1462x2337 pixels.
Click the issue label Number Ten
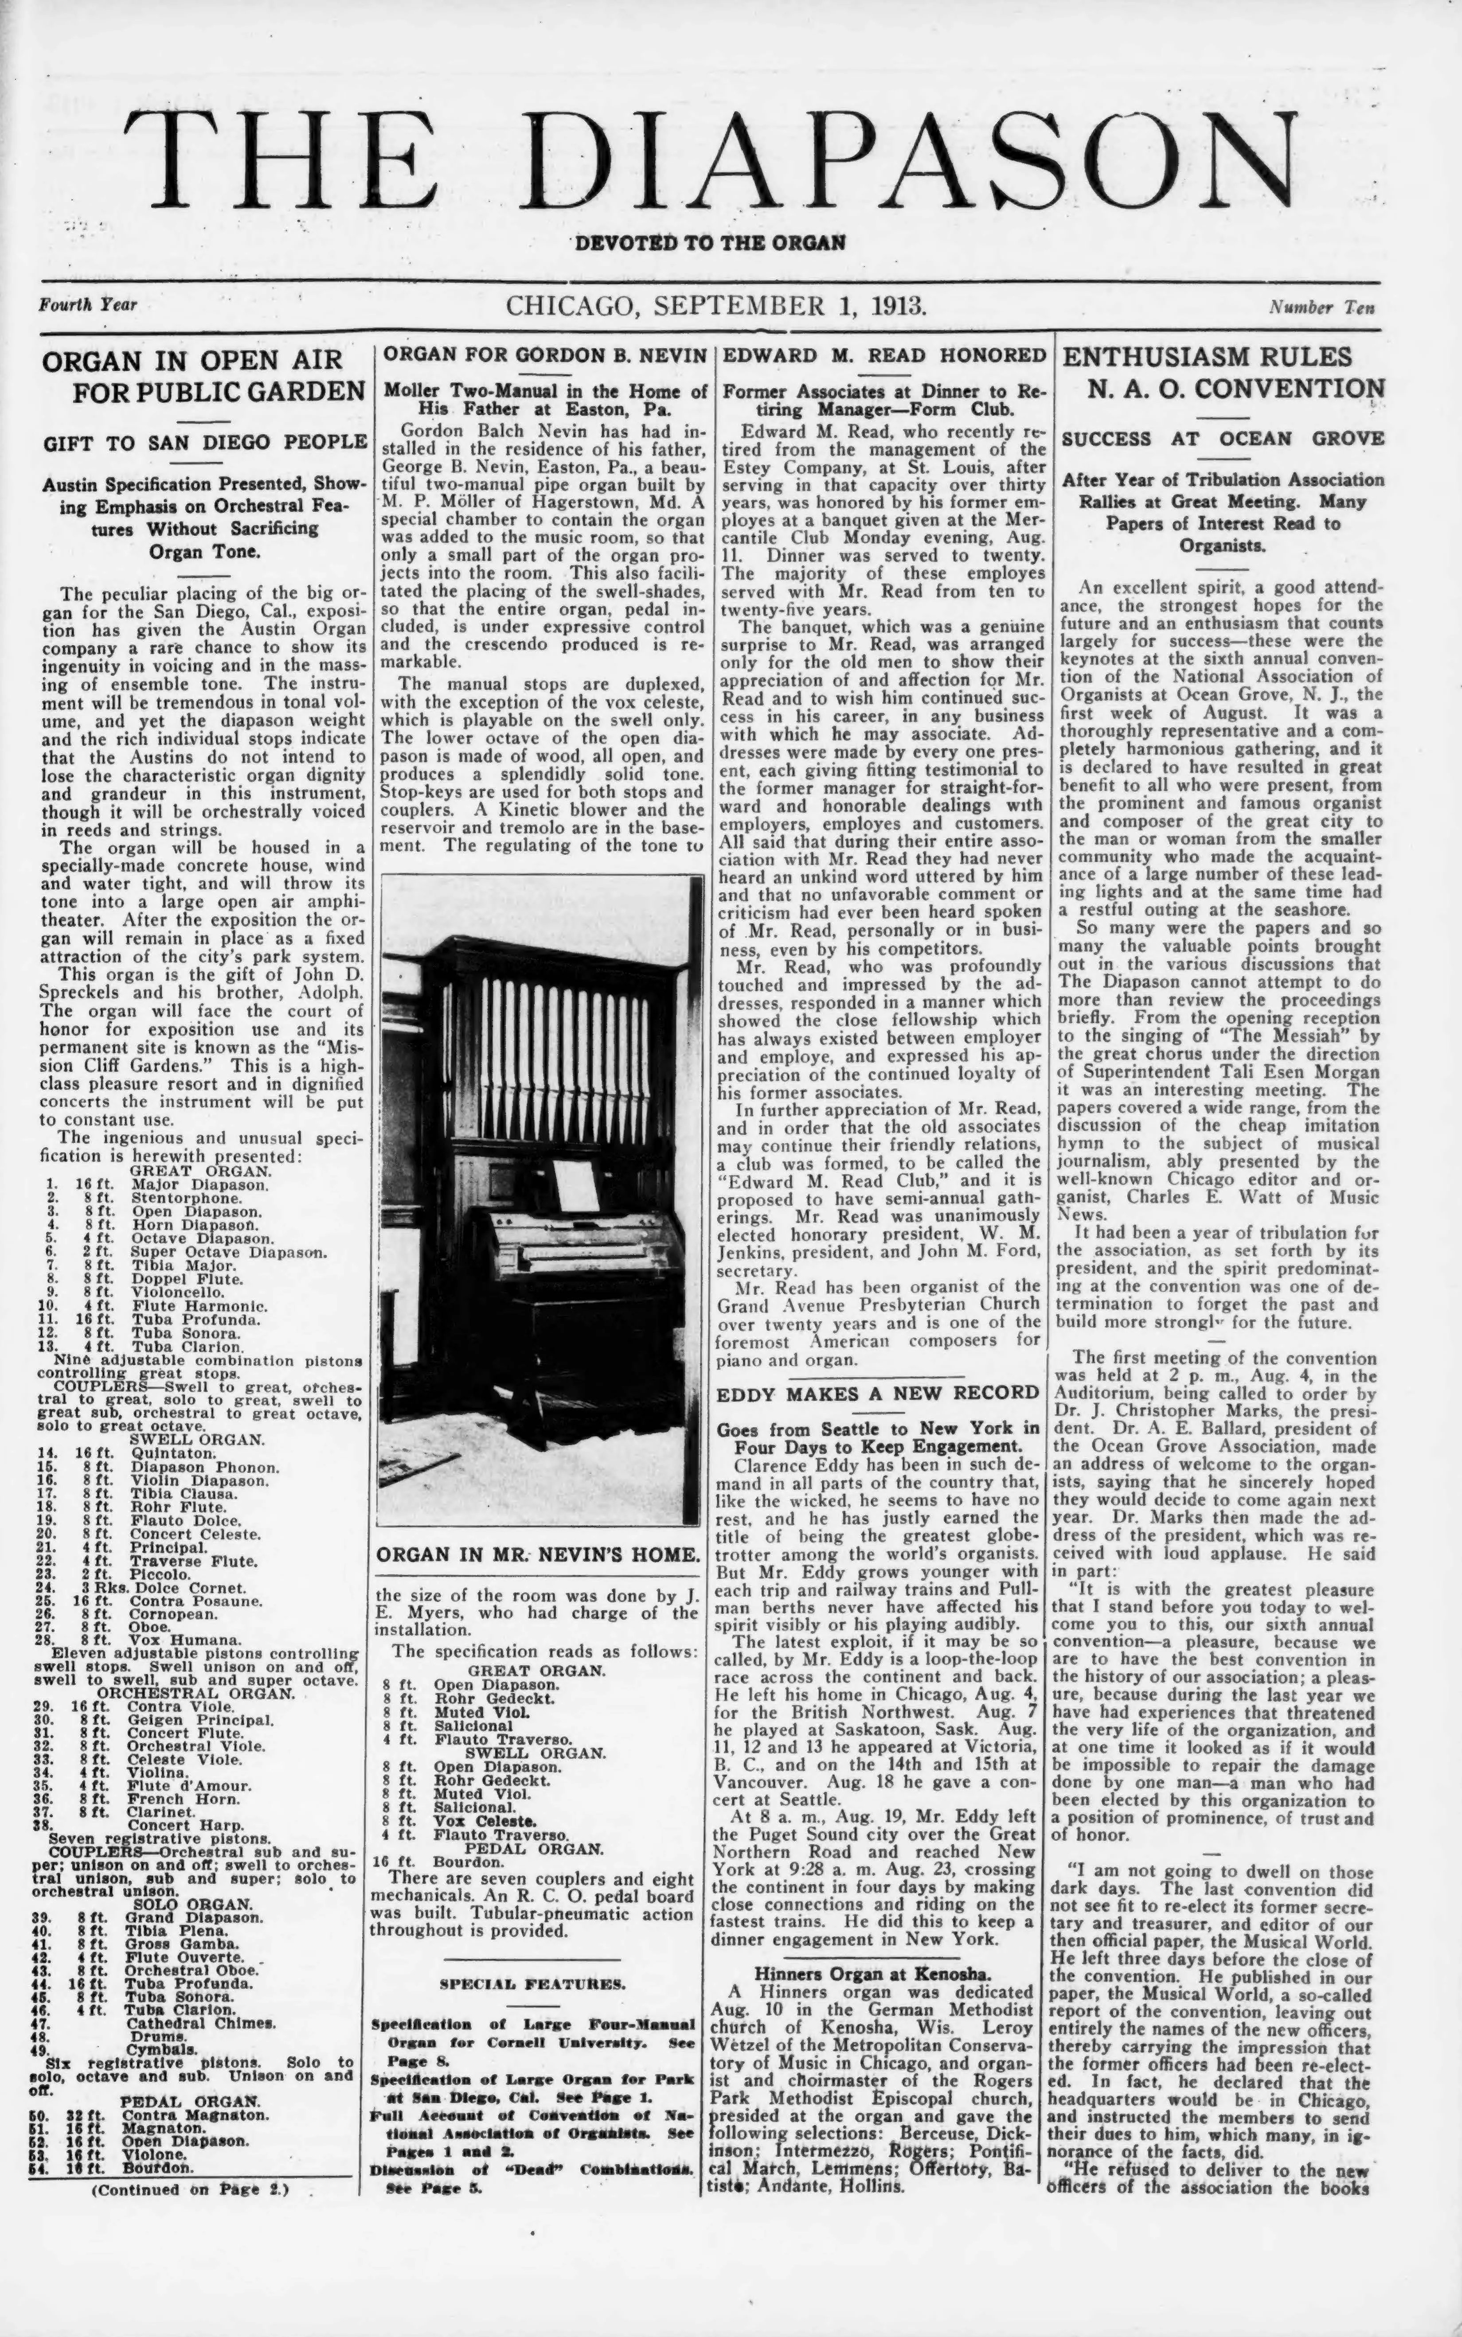[1322, 308]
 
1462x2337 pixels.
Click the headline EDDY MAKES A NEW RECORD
[878, 1393]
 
